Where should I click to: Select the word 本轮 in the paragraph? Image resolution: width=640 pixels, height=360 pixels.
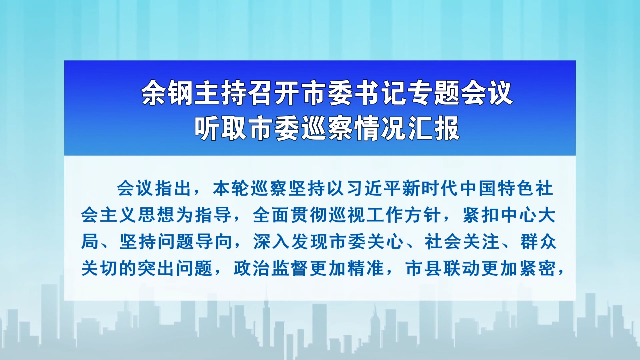click(x=231, y=189)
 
